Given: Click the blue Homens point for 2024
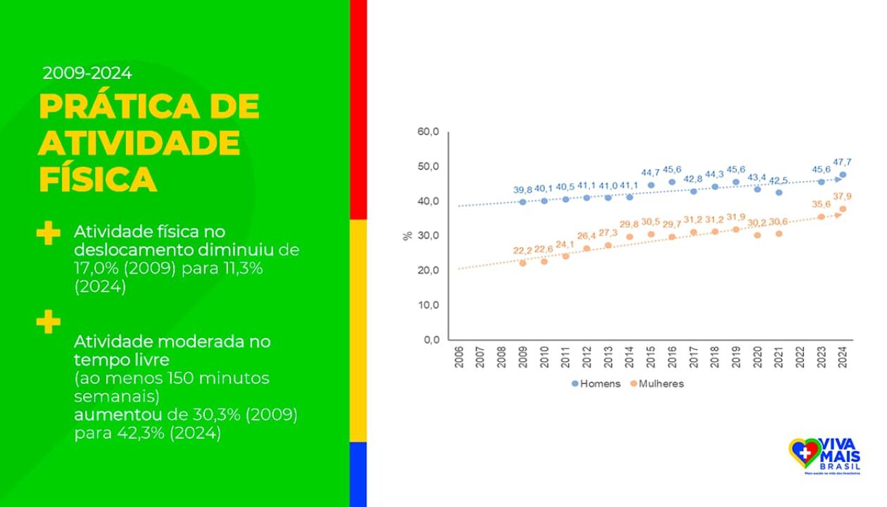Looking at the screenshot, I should pyautogui.click(x=843, y=175).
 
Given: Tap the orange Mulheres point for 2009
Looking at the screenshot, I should pyautogui.click(x=522, y=263).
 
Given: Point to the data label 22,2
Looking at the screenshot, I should pyautogui.click(x=522, y=251).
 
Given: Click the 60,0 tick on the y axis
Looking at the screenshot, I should pyautogui.click(x=428, y=132).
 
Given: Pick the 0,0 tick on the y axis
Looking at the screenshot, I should pyautogui.click(x=431, y=340).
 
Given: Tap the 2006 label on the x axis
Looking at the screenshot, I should pyautogui.click(x=458, y=357).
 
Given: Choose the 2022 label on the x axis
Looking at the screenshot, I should pyautogui.click(x=800, y=357).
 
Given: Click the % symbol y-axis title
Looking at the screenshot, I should pyautogui.click(x=408, y=235).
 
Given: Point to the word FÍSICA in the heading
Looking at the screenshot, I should pyautogui.click(x=97, y=179).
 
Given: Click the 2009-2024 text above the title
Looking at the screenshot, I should pyautogui.click(x=87, y=73).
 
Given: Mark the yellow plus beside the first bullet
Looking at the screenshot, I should pyautogui.click(x=48, y=234).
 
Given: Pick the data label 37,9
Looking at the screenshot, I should pyautogui.click(x=843, y=196).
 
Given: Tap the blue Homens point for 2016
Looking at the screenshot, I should pyautogui.click(x=672, y=182).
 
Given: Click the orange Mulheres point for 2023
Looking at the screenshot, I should pyautogui.click(x=821, y=216).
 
